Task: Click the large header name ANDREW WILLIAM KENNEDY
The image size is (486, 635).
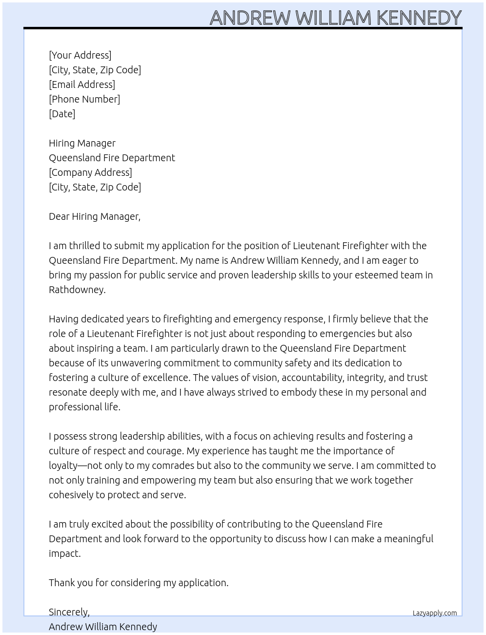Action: click(335, 18)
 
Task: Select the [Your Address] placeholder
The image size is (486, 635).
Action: click(80, 55)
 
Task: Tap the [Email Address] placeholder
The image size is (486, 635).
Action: click(82, 85)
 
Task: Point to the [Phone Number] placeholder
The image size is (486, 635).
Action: click(84, 99)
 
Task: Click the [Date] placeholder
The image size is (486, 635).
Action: click(62, 114)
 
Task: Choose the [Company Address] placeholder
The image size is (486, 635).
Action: click(90, 172)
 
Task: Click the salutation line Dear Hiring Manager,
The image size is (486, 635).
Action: click(95, 216)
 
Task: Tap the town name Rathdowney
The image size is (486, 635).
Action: click(77, 290)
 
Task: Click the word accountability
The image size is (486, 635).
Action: click(312, 378)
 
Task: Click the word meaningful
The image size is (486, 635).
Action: click(408, 539)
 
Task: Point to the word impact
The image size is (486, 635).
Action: click(64, 553)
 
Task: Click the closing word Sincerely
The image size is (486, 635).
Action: click(69, 612)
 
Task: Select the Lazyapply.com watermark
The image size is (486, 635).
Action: click(435, 613)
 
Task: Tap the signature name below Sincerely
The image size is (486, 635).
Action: click(103, 627)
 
